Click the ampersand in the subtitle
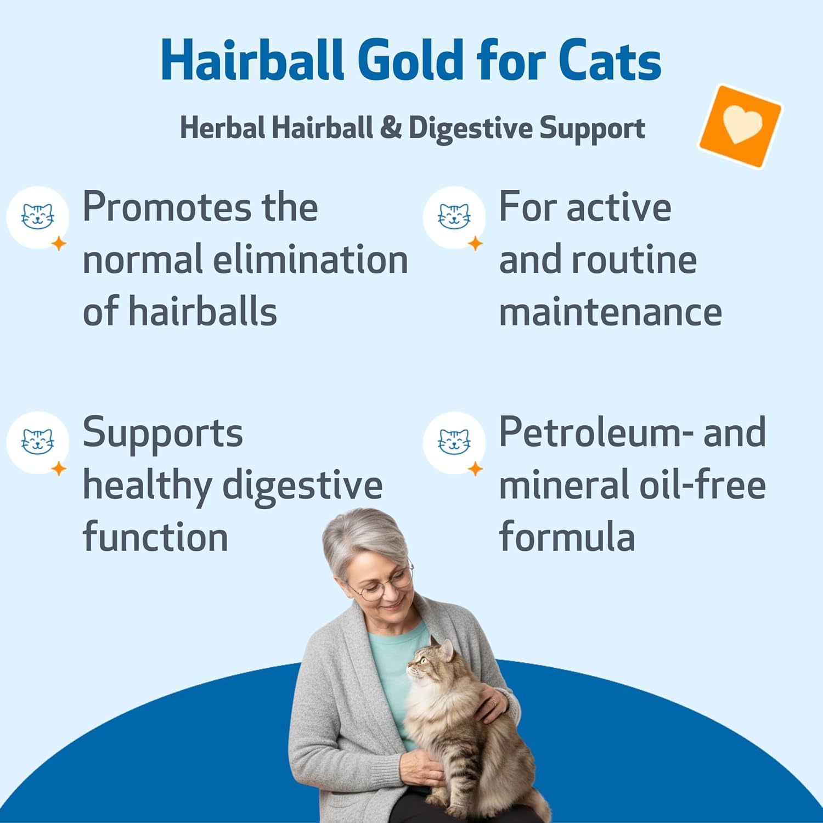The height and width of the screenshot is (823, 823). (x=390, y=128)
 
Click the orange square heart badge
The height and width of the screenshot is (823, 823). (x=741, y=126)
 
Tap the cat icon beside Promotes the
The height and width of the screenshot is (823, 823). (x=37, y=217)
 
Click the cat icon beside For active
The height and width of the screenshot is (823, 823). (x=454, y=217)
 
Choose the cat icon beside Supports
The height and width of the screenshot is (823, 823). (x=37, y=442)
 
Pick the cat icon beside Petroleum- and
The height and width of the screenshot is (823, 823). (x=454, y=442)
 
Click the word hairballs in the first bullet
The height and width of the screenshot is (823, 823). (x=202, y=312)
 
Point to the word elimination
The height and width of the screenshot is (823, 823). (x=311, y=260)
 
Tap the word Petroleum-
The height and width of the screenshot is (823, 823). (x=596, y=432)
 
